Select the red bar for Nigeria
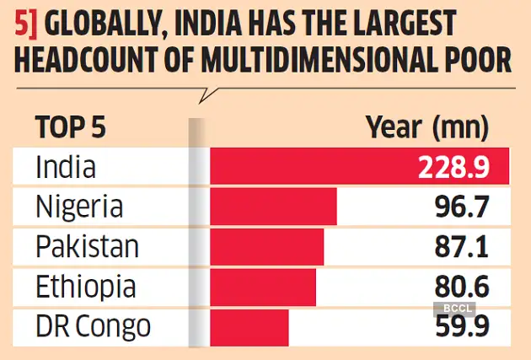(x=273, y=207)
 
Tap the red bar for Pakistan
(x=266, y=246)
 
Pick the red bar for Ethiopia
(x=262, y=287)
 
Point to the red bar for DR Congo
(x=249, y=325)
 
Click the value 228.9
(x=453, y=168)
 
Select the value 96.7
(x=460, y=207)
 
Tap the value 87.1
(x=461, y=246)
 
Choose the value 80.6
(x=460, y=286)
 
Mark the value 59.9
(x=460, y=326)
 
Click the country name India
(x=66, y=167)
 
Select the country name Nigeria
(x=80, y=207)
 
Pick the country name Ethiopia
(x=85, y=287)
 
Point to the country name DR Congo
(x=94, y=325)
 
